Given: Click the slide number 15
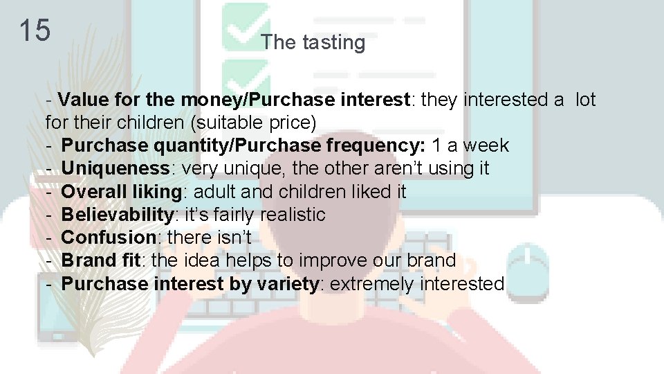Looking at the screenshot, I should click(x=34, y=30).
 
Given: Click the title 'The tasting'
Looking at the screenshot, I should click(x=313, y=42).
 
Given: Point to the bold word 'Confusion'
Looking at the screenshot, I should click(x=109, y=238).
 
